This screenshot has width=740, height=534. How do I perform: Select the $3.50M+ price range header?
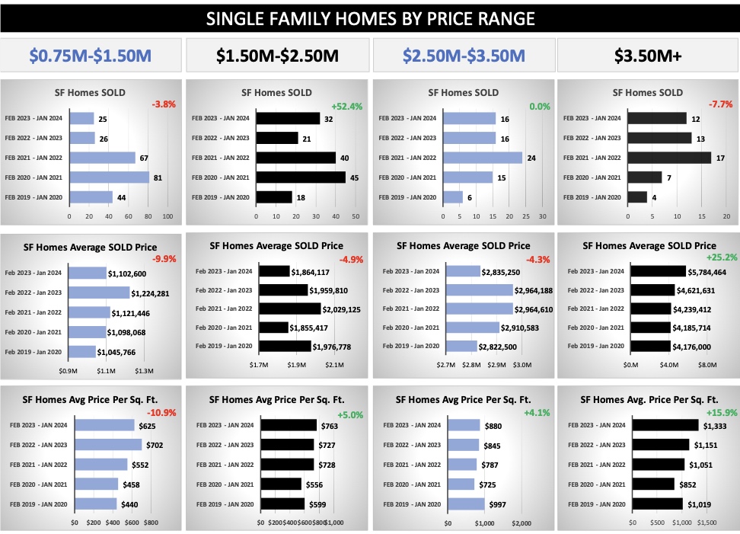click(647, 55)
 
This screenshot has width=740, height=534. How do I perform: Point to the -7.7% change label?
click(720, 104)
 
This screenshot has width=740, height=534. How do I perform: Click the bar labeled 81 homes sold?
click(109, 177)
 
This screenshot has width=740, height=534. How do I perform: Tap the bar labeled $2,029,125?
click(290, 309)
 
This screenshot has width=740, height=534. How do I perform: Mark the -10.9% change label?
click(161, 414)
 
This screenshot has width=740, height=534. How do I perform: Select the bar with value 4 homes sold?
click(637, 197)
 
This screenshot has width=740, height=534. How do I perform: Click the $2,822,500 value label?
click(500, 346)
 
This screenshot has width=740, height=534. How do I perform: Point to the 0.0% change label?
click(540, 107)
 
